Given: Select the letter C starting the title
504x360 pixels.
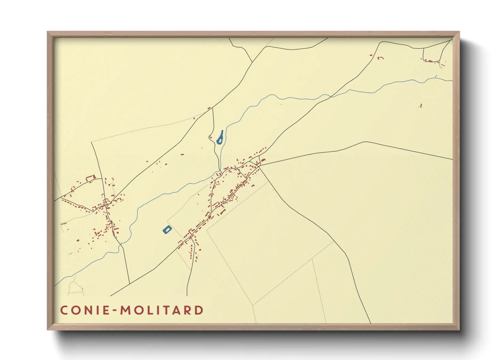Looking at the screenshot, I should [x=64, y=310].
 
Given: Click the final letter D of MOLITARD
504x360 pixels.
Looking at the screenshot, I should [x=199, y=310].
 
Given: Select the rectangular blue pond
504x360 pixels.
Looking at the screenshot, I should [x=167, y=230].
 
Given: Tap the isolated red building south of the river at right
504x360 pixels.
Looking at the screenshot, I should [x=421, y=106].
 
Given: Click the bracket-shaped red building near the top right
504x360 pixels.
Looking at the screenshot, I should [x=381, y=58].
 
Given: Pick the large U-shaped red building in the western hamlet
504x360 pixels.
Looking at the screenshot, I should [x=90, y=178].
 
